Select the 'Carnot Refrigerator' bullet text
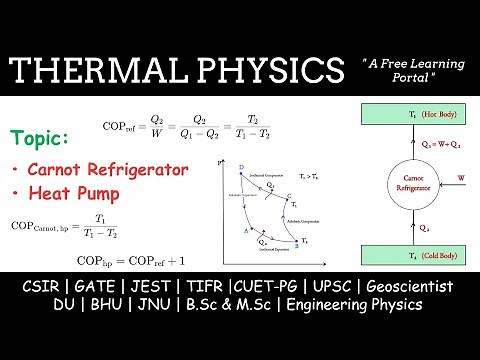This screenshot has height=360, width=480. click(107, 169)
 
